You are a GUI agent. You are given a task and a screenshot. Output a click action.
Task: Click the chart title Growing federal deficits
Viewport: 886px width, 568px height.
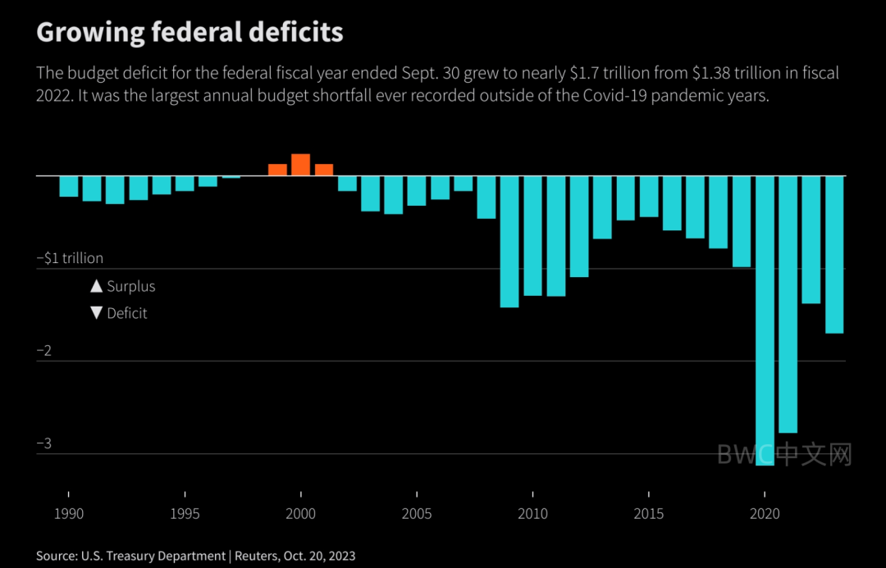point(190,32)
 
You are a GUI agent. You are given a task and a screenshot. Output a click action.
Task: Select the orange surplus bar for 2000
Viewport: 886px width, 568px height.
point(300,165)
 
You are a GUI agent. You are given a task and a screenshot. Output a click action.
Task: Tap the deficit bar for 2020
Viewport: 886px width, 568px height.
point(765,320)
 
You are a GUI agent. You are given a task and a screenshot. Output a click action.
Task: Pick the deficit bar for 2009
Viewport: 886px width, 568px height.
point(509,242)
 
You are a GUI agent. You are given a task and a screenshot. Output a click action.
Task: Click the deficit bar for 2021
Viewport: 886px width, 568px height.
point(788,303)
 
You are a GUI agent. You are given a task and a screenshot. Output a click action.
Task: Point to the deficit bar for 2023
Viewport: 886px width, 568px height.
point(834,254)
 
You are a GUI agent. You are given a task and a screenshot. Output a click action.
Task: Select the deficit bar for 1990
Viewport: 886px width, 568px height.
point(69,186)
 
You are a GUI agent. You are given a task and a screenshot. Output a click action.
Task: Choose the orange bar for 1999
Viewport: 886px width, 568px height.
point(277,170)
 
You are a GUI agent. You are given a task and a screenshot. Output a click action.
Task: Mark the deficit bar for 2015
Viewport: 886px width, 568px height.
point(649,196)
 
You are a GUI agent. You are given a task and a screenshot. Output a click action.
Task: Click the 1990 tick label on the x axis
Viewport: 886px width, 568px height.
point(68,515)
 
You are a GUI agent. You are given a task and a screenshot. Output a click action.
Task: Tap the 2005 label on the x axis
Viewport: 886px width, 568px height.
point(417,515)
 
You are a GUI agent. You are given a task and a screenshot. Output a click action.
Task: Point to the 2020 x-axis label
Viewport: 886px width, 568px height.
point(765,515)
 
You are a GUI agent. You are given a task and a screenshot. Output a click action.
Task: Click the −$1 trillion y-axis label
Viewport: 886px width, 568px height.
point(70,258)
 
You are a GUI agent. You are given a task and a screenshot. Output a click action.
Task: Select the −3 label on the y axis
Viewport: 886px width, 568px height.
point(45,443)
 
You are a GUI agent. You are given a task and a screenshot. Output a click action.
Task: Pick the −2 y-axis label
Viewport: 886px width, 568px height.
point(45,351)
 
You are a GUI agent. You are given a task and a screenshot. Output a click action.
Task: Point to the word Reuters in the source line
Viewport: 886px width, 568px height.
point(258,556)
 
